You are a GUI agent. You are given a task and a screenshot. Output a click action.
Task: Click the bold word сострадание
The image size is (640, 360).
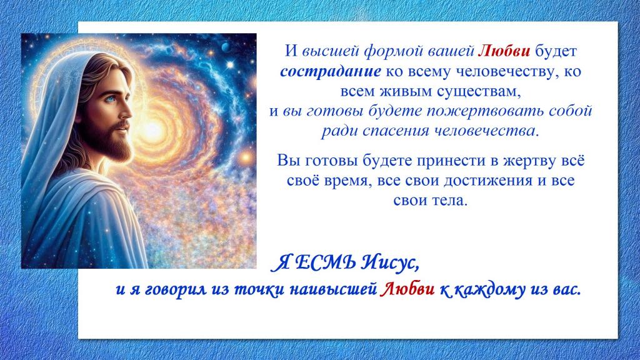[x=331, y=72]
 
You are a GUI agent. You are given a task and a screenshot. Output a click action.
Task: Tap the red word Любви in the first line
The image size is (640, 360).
[x=504, y=51]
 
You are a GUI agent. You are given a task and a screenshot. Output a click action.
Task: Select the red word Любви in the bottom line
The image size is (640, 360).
[x=407, y=289]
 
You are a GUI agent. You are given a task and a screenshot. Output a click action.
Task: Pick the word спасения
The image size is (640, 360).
[x=396, y=131]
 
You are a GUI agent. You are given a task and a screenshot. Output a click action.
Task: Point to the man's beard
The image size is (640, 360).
[x=114, y=143]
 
